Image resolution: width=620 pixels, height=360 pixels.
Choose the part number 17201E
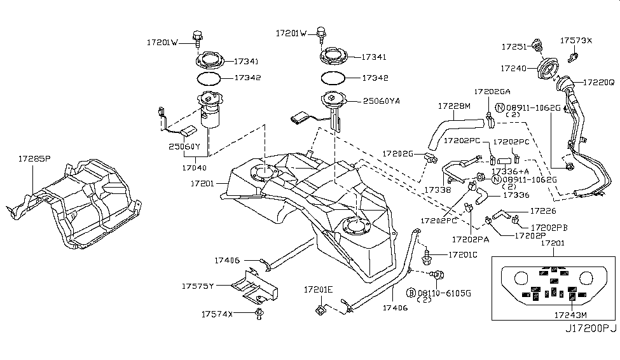click(x=318, y=289)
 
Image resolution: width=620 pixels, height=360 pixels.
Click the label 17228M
click(x=453, y=106)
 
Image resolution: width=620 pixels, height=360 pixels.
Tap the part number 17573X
click(x=575, y=41)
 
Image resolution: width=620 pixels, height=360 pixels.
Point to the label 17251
click(x=514, y=47)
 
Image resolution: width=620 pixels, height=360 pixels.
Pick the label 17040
click(x=194, y=169)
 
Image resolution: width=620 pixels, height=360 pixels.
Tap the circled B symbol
click(x=411, y=293)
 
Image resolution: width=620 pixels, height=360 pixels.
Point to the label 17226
click(x=543, y=211)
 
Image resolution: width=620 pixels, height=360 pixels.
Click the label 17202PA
click(x=471, y=240)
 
